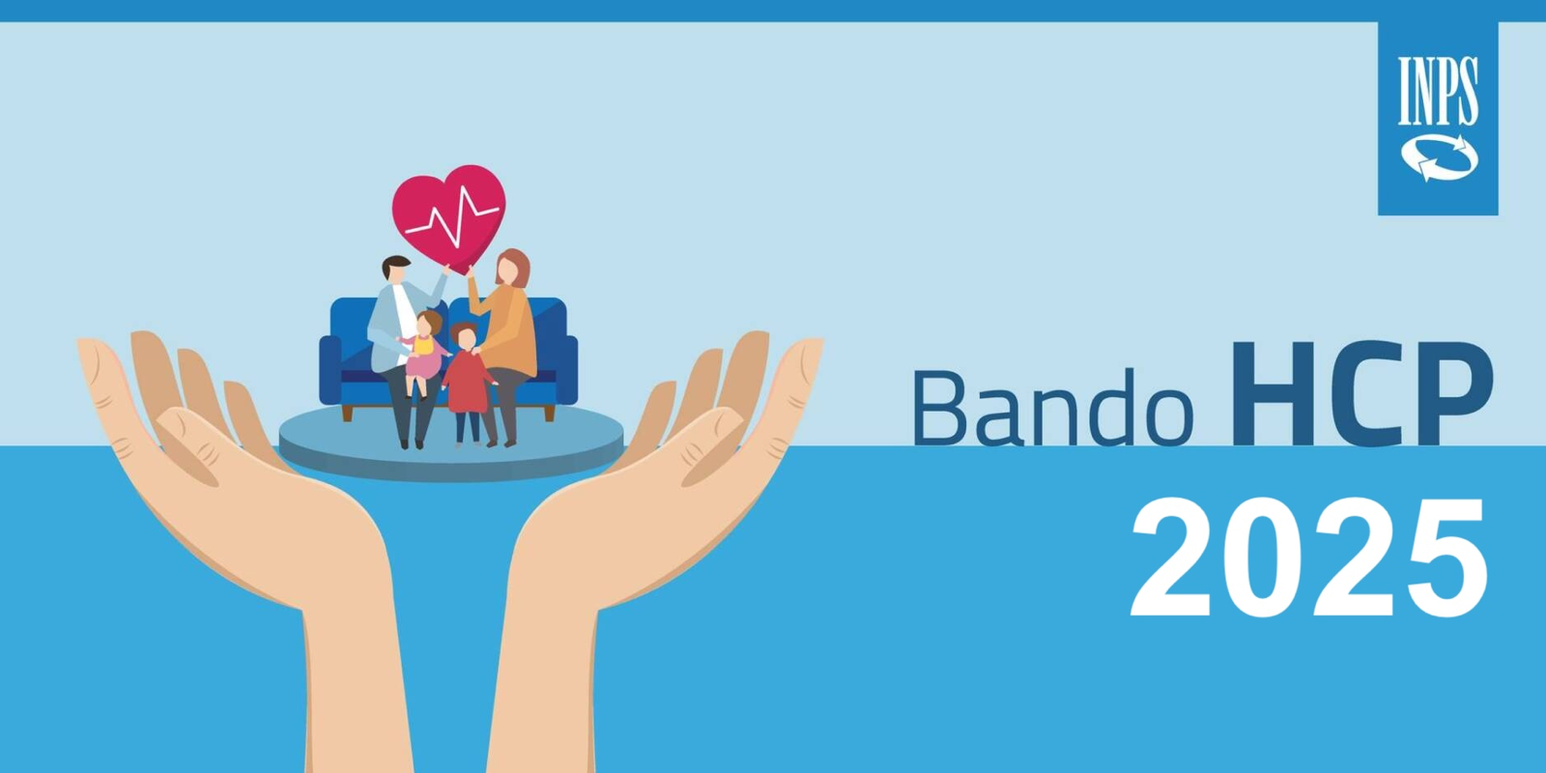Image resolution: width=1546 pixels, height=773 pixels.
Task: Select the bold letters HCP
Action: [1362, 394]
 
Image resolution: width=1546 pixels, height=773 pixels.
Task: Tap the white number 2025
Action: [1308, 558]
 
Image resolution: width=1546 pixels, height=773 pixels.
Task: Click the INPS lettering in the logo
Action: [1439, 91]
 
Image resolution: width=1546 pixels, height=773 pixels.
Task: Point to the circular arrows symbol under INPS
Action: [1440, 158]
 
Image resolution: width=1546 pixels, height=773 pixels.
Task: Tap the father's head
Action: [395, 270]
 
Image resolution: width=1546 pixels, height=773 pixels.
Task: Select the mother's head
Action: [512, 269]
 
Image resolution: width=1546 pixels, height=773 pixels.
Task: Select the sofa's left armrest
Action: [330, 369]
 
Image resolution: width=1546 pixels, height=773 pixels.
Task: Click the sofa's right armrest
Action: [566, 369]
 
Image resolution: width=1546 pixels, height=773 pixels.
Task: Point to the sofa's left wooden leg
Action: [347, 413]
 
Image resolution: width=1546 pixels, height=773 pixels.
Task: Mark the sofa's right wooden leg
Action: [550, 413]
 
